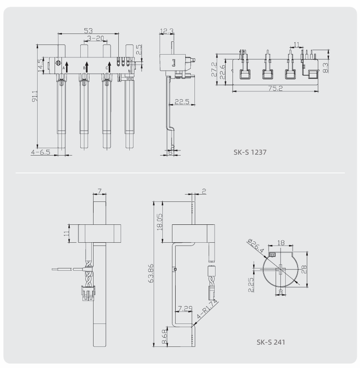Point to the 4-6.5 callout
pos(41,151)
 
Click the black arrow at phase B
pos(86,67)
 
